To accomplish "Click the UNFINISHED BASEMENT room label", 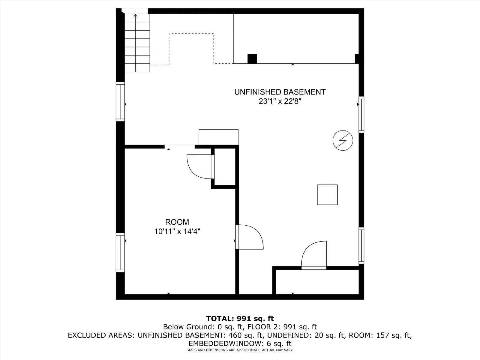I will click(x=280, y=92).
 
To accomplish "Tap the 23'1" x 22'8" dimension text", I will click(x=280, y=101).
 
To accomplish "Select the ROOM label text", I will click(x=177, y=222).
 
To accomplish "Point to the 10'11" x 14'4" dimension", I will click(x=177, y=232).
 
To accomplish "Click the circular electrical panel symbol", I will click(x=343, y=140).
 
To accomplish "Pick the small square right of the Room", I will click(x=327, y=195).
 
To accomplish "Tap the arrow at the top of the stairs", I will click(x=136, y=16).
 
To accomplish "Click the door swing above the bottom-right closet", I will click(x=314, y=255).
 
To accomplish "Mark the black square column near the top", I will click(x=252, y=59).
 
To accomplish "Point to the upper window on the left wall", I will click(x=120, y=102).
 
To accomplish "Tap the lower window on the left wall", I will click(x=120, y=253).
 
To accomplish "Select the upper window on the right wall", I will click(x=361, y=115).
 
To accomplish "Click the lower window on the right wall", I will click(x=361, y=246).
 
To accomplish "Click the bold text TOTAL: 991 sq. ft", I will click(x=240, y=319).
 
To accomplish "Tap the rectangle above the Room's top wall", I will click(x=219, y=137).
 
